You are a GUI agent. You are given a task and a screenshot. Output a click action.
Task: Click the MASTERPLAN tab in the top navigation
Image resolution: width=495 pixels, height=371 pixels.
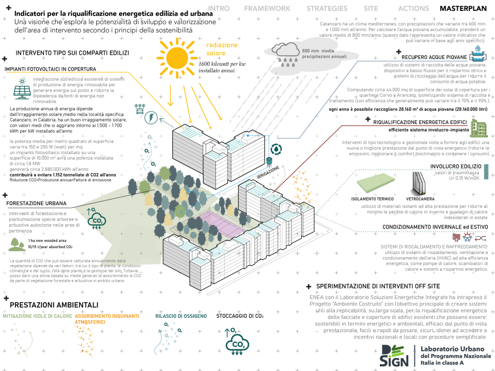(x=465, y=8)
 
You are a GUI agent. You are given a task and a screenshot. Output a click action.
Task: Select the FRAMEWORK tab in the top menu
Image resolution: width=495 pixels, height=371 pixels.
(x=267, y=8)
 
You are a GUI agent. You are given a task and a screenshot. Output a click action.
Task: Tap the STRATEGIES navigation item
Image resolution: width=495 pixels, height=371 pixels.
(x=327, y=8)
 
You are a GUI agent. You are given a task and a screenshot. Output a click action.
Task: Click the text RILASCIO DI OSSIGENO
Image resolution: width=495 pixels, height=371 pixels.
(x=181, y=316)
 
